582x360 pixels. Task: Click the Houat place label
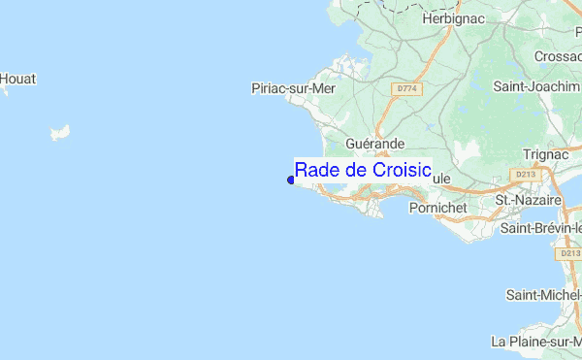pyautogui.click(x=17, y=79)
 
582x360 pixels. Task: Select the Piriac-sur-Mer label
pyautogui.click(x=293, y=87)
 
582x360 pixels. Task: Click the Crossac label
pyautogui.click(x=557, y=57)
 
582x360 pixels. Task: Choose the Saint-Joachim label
pyautogui.click(x=536, y=86)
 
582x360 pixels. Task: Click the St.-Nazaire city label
pyautogui.click(x=529, y=200)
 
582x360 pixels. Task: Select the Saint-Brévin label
pyautogui.click(x=539, y=228)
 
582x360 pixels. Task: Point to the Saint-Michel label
pyautogui.click(x=543, y=294)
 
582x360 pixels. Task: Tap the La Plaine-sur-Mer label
pyautogui.click(x=536, y=342)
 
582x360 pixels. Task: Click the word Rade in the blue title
pyautogui.click(x=315, y=170)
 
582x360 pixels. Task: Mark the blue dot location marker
pyautogui.click(x=290, y=179)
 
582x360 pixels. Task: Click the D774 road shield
pyautogui.click(x=406, y=88)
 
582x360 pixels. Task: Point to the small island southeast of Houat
pyautogui.click(x=61, y=130)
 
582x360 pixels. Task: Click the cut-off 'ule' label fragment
pyautogui.click(x=441, y=180)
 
